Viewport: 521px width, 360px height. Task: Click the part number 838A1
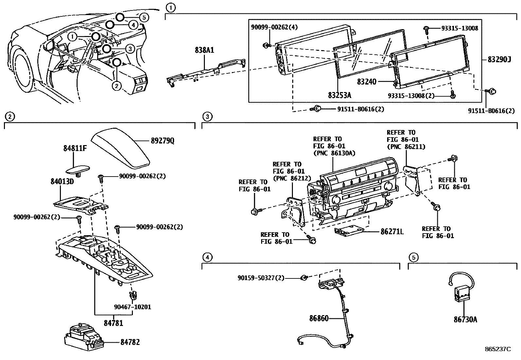(205, 50)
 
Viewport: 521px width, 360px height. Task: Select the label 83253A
(339, 95)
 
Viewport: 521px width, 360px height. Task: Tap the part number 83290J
(499, 60)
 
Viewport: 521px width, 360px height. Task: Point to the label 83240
(367, 82)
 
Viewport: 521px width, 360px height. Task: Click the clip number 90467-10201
(133, 307)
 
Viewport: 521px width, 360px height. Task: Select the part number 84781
(114, 323)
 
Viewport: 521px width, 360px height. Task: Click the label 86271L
(392, 232)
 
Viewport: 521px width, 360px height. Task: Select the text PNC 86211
(406, 147)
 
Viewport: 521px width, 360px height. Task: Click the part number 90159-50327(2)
(261, 278)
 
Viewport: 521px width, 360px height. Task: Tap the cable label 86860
(319, 318)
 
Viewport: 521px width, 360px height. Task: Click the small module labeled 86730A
(460, 292)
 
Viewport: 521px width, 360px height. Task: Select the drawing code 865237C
(497, 349)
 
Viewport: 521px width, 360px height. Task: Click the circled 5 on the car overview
(144, 18)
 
